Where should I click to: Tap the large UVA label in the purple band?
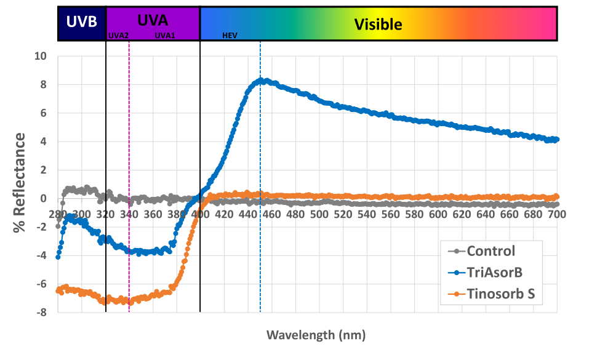pyautogui.click(x=153, y=20)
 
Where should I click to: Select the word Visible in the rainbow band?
pyautogui.click(x=378, y=25)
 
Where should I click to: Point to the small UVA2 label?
pyautogui.click(x=118, y=36)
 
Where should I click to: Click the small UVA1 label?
pyautogui.click(x=165, y=36)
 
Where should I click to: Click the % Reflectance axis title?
pyautogui.click(x=21, y=182)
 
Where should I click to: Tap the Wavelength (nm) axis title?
pyautogui.click(x=316, y=335)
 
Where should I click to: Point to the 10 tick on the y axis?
pyautogui.click(x=40, y=56)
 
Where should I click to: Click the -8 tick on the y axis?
pyautogui.click(x=41, y=313)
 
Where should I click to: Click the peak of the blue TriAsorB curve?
pyautogui.click(x=260, y=80)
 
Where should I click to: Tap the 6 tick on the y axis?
pyautogui.click(x=43, y=113)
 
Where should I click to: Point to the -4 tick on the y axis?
pyautogui.click(x=41, y=255)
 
